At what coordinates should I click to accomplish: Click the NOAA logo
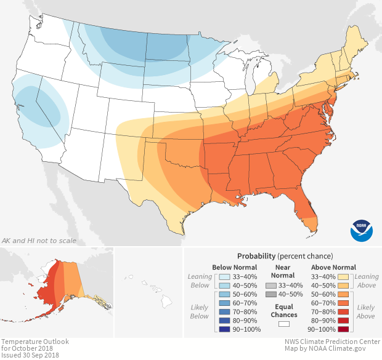point(361,230)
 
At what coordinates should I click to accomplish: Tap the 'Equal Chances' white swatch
point(283,322)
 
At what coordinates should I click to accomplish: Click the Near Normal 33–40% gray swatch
point(270,286)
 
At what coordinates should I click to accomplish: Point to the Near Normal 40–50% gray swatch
point(270,295)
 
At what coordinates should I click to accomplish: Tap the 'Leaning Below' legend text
point(200,281)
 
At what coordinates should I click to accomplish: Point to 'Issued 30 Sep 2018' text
point(30,355)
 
